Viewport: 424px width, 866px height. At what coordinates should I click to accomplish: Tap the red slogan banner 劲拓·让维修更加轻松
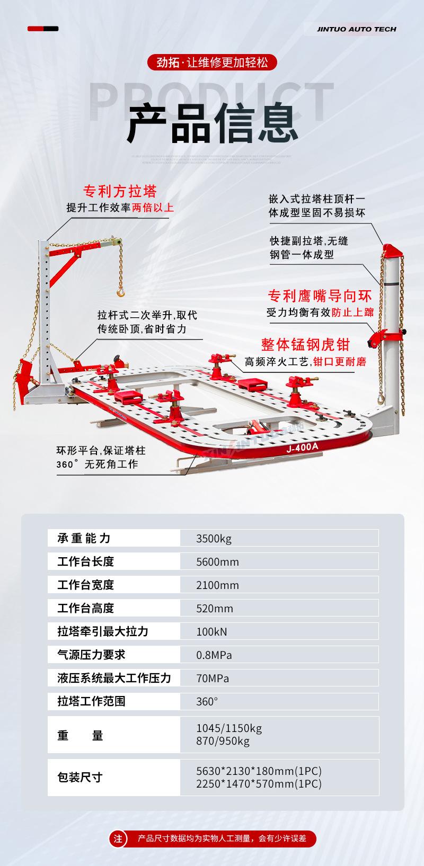coord(212,63)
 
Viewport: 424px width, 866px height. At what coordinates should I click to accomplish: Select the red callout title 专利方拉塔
coord(120,191)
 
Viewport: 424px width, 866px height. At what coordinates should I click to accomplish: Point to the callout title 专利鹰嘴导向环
coord(319,296)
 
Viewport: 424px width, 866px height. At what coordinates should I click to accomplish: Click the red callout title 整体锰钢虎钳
coord(305,345)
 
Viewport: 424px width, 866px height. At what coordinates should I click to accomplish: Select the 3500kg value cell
coord(214,539)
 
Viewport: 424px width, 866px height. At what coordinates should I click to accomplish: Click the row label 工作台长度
coord(85,561)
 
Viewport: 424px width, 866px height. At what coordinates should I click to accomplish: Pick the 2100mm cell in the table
coord(217,585)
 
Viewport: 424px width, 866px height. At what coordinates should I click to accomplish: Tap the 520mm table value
coord(215,609)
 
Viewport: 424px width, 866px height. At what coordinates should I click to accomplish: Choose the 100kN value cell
coord(211,631)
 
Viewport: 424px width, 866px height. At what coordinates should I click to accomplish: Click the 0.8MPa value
coord(214,655)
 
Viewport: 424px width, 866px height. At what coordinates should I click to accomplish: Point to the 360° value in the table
coord(207,701)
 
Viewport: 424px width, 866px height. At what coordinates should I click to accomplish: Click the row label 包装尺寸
coord(79,778)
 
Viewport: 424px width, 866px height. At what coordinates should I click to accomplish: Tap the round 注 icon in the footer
coord(118,838)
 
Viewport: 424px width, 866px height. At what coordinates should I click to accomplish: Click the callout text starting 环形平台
coord(101,458)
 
